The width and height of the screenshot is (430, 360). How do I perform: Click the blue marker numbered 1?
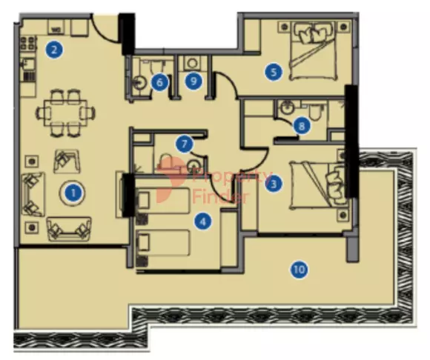73,194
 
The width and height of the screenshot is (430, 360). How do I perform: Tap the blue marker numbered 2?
53,50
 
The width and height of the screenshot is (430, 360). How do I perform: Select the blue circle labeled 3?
275,183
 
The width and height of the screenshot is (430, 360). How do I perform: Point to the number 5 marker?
274,72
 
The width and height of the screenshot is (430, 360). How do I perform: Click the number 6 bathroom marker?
159,82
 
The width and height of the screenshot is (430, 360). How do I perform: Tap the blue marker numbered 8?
300,126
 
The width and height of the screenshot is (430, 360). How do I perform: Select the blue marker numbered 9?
194,81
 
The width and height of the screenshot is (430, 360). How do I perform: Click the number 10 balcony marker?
299,270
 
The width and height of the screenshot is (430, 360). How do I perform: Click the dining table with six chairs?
68,112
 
